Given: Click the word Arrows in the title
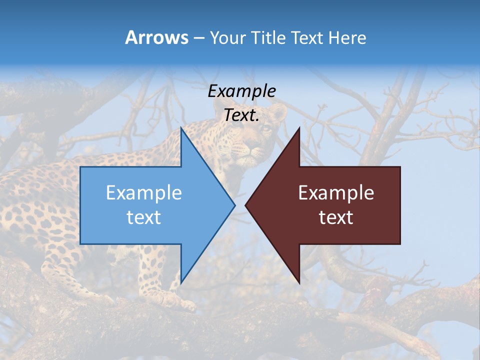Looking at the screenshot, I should pos(156,37).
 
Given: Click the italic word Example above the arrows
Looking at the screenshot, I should pos(242,91).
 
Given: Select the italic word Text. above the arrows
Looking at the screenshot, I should pos(242,115).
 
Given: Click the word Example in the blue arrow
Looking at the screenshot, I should pos(144,193).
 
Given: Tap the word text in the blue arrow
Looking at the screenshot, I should pos(144,217).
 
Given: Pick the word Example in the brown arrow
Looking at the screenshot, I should pos(336,193).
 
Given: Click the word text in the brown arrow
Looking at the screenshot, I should pos(336,217).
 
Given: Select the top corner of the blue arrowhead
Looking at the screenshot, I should pos(181,128).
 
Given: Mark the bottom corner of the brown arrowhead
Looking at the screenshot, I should pos(299,282).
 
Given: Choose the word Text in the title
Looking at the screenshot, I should pos(306,38).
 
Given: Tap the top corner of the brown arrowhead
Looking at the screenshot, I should pos(299,128).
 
